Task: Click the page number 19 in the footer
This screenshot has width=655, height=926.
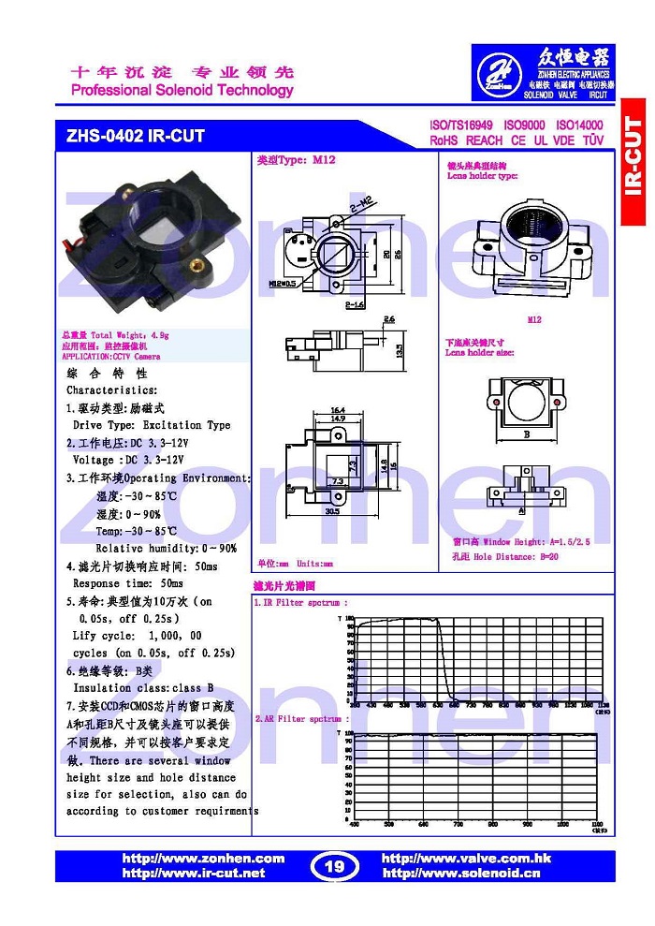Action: (334, 866)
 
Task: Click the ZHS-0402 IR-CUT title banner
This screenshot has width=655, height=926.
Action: (135, 136)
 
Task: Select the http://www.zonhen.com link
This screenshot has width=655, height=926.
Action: (203, 859)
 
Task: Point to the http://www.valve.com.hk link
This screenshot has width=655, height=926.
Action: (466, 859)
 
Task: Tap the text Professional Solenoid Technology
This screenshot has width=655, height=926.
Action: (182, 91)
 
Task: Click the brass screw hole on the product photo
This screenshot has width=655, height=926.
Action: (198, 265)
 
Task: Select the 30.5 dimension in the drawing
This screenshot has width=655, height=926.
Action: (331, 511)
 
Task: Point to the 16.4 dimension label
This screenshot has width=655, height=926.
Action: (338, 410)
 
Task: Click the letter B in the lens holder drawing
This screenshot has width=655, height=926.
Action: (527, 434)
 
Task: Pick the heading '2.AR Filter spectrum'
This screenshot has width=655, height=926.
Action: (300, 718)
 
